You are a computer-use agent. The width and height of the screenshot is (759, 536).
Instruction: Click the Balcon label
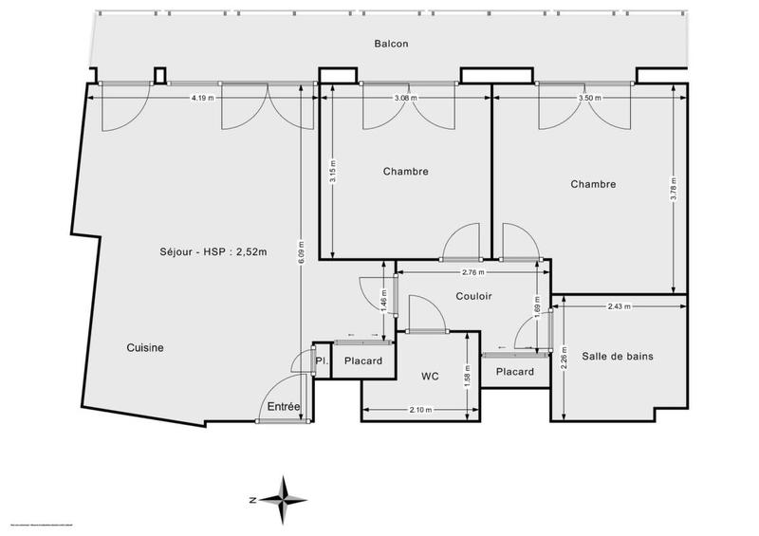click(390, 44)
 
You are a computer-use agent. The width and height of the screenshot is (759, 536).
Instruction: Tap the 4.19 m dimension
click(201, 98)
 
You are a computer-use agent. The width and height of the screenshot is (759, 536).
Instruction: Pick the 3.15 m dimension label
click(333, 172)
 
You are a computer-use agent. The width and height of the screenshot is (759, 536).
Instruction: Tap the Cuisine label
click(145, 348)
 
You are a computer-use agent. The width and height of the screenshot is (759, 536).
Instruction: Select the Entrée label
click(285, 407)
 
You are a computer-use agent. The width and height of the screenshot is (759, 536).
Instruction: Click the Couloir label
click(473, 297)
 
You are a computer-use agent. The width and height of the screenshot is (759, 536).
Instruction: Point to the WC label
click(430, 377)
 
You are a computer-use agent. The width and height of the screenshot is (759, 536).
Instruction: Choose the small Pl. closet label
click(323, 361)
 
